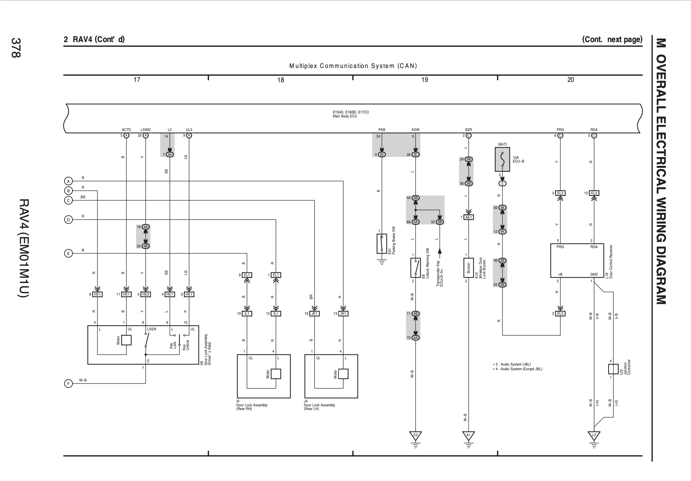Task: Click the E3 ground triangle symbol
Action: [x=415, y=435]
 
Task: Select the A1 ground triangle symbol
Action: [x=468, y=435]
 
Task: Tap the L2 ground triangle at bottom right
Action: [x=594, y=435]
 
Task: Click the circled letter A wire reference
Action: [x=68, y=181]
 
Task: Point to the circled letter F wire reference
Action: [x=68, y=384]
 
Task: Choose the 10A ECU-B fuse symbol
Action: [x=502, y=160]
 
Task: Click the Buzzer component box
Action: [x=468, y=268]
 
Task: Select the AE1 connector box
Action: [x=469, y=217]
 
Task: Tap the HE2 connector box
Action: [x=145, y=294]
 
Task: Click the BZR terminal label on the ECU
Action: [x=468, y=130]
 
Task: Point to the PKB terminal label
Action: [x=382, y=130]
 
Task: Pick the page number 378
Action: [x=16, y=47]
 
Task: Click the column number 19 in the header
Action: [x=425, y=80]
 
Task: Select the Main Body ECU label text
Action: [x=345, y=116]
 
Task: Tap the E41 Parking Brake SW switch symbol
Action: [x=382, y=243]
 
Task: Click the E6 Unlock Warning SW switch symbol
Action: [x=415, y=268]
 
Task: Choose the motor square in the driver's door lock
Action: [x=126, y=340]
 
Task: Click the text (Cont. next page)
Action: [x=612, y=39]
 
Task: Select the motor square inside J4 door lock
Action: [x=343, y=374]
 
